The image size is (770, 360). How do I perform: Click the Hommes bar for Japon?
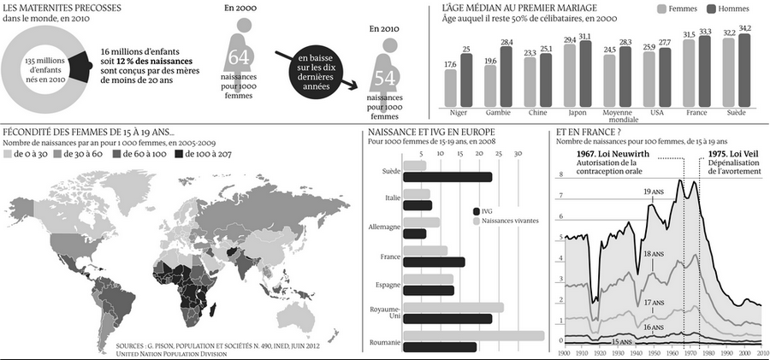coord(585,73)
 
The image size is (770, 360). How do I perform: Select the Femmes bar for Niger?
coord(450,87)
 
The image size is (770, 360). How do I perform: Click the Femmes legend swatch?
coord(662,9)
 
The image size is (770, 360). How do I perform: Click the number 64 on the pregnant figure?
coord(239,58)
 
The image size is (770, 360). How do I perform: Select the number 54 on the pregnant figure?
coord(384,78)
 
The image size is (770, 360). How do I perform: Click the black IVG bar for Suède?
coord(447,177)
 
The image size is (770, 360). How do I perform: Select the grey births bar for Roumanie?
coord(473,335)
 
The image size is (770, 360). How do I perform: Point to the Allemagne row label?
coord(384,227)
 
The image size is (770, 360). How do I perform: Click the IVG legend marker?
coord(476,210)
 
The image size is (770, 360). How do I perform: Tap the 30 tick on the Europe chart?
coord(517,154)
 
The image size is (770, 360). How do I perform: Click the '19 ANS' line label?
coord(654,192)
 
